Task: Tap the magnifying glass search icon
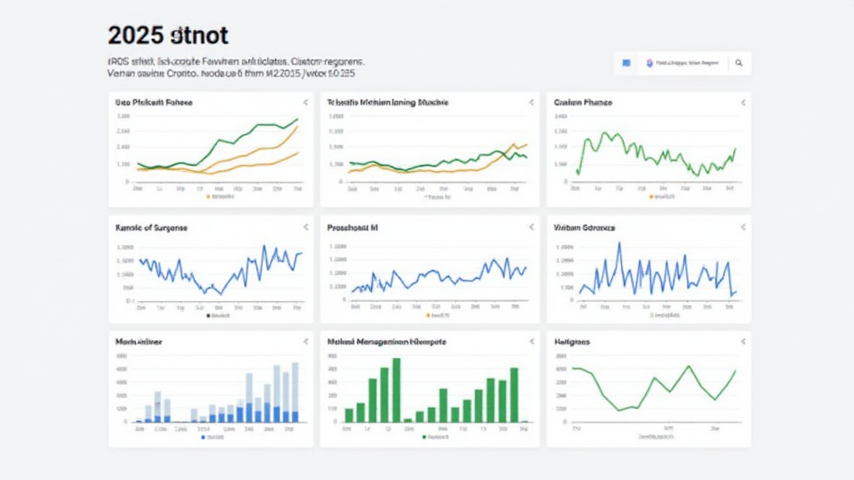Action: (x=738, y=62)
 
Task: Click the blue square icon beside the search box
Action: (x=626, y=62)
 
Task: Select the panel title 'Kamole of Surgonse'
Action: (x=149, y=227)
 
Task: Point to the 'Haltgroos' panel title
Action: (x=573, y=342)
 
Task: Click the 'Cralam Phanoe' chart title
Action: (x=583, y=102)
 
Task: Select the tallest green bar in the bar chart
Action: (x=396, y=389)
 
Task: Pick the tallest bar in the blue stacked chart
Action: (x=294, y=392)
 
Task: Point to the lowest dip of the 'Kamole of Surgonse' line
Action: (x=220, y=292)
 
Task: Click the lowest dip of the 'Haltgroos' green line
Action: (x=619, y=409)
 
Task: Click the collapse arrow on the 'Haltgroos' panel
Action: (x=742, y=342)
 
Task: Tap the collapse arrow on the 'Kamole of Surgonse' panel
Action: (x=305, y=227)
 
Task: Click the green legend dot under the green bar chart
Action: (x=424, y=437)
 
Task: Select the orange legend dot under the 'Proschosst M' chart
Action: (x=428, y=316)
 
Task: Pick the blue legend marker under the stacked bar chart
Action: (x=203, y=437)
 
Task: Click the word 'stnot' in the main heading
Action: (x=198, y=36)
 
